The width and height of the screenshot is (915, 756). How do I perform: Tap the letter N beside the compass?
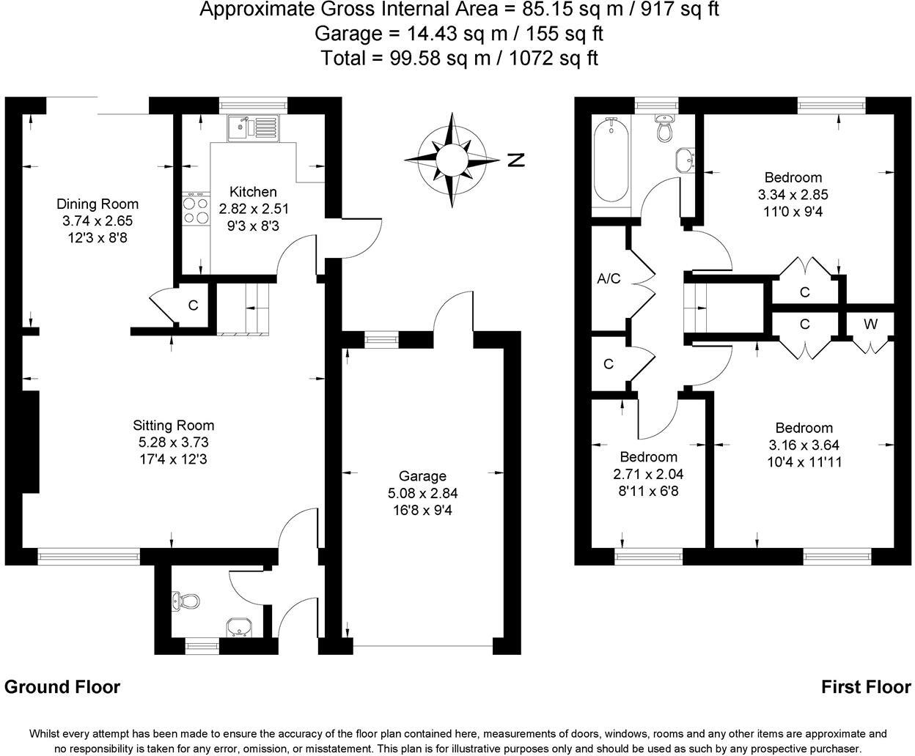point(517,160)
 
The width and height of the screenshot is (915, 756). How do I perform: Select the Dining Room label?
point(98,204)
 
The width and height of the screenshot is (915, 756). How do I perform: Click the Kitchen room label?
point(253,192)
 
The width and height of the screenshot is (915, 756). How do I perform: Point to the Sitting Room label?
point(174,425)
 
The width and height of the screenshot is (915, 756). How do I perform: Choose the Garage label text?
point(422,476)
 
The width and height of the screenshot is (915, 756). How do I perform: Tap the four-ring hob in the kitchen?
point(195,211)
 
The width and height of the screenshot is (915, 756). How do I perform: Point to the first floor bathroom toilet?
point(664,128)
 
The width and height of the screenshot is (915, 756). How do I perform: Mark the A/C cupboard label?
point(609,278)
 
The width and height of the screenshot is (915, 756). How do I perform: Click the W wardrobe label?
point(870,324)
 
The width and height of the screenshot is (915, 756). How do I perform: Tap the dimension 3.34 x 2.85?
point(793,195)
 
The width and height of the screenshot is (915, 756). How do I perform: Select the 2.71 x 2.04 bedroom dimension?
point(649,474)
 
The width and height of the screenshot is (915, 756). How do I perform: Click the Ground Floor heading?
point(62,687)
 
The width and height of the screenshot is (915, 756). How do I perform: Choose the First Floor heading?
point(866,687)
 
